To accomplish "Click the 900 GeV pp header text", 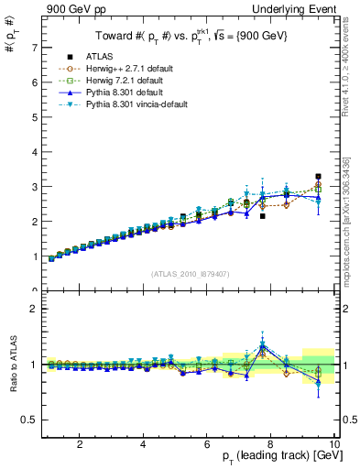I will [x=70, y=8].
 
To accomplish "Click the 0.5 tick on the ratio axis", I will [x=31, y=420].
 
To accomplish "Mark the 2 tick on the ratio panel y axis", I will [x=35, y=309].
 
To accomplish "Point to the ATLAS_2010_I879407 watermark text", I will [x=191, y=272].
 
